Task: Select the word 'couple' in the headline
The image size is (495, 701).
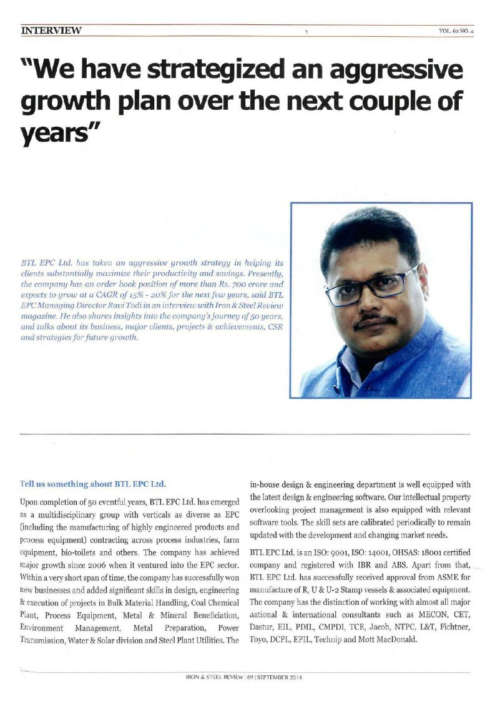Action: tap(394, 102)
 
